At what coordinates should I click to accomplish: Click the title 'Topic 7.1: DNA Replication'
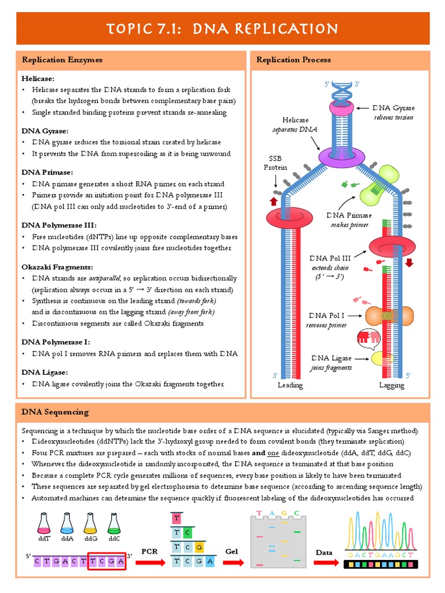[x=222, y=28]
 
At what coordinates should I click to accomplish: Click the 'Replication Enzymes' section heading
[x=62, y=60]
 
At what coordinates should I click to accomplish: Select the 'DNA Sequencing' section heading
[x=55, y=412]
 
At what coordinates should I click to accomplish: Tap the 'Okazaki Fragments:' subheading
[x=57, y=267]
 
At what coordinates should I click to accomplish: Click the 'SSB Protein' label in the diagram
[x=276, y=163]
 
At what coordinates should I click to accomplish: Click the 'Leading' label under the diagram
[x=290, y=385]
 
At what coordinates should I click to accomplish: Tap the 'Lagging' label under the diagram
[x=391, y=385]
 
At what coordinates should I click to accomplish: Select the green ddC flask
[x=114, y=524]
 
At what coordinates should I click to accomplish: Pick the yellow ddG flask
[x=90, y=524]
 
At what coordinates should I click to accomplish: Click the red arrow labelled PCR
[x=149, y=561]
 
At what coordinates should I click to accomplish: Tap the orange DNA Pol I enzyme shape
[x=389, y=316]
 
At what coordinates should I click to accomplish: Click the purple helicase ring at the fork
[x=340, y=155]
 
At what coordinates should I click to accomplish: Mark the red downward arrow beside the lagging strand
[x=408, y=262]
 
